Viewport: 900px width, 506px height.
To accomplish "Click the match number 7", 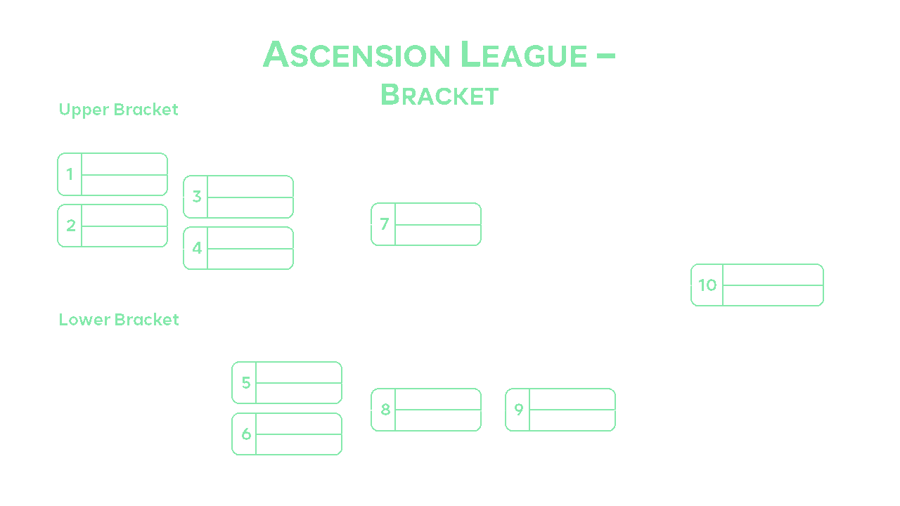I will pyautogui.click(x=384, y=224).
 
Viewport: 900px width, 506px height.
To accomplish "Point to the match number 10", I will pyautogui.click(x=707, y=285).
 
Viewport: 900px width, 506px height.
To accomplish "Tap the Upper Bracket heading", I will pyautogui.click(x=118, y=110).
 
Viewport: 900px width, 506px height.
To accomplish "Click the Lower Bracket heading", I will pyautogui.click(x=119, y=320).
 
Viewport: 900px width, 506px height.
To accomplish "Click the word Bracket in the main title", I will pyautogui.click(x=439, y=95).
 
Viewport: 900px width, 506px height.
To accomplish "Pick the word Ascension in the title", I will pyautogui.click(x=356, y=56).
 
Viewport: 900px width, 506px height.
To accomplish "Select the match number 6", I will pyautogui.click(x=245, y=434).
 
